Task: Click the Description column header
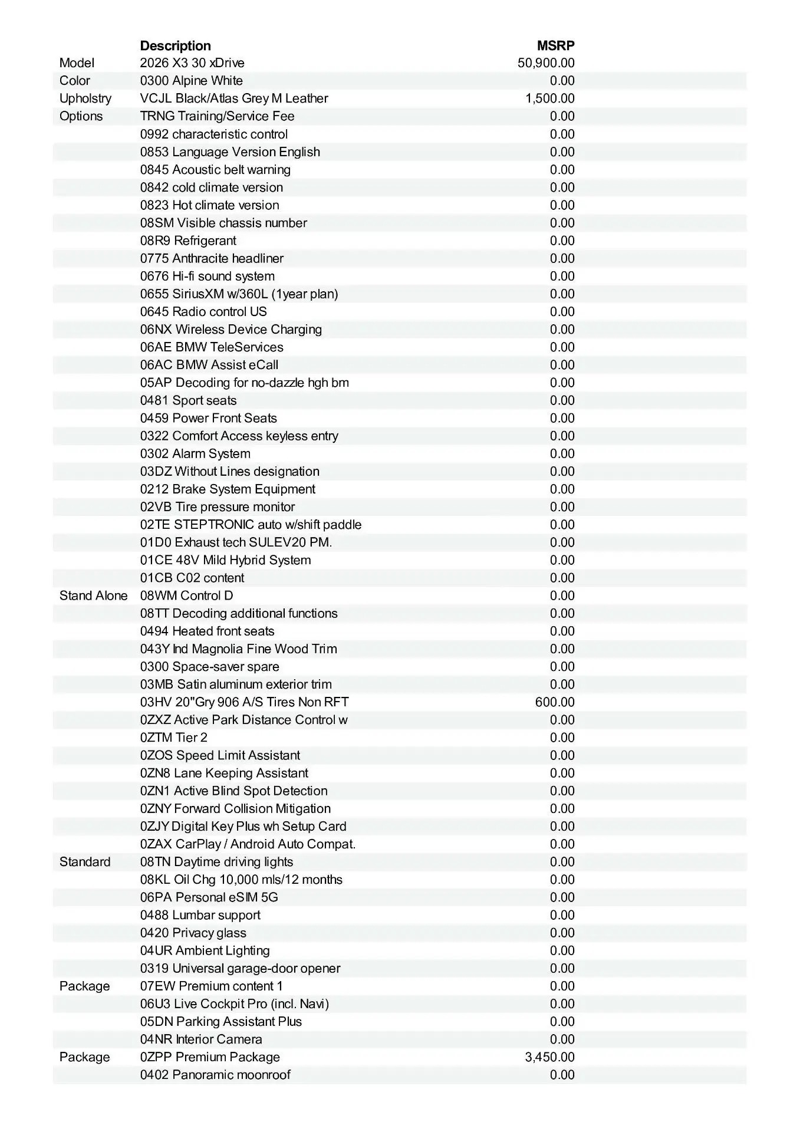[x=175, y=46]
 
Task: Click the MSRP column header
[x=555, y=46]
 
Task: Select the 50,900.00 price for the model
[x=546, y=63]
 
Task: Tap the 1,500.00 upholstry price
[x=549, y=98]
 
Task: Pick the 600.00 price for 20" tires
[x=555, y=702]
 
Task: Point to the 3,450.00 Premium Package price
[x=549, y=1057]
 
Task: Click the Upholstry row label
[x=85, y=98]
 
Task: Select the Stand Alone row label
[x=93, y=595]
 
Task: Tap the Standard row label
[x=85, y=862]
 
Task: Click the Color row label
[x=75, y=81]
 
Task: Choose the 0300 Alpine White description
[x=191, y=81]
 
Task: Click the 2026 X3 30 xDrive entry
[x=192, y=63]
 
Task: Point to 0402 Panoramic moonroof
[x=215, y=1075]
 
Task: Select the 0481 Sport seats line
[x=188, y=400]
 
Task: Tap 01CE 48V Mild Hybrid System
[x=225, y=560]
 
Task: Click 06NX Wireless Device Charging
[x=231, y=330]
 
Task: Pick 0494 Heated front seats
[x=207, y=631]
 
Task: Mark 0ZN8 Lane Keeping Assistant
[x=224, y=773]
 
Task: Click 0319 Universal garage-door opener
[x=240, y=968]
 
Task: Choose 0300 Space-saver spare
[x=209, y=667]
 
